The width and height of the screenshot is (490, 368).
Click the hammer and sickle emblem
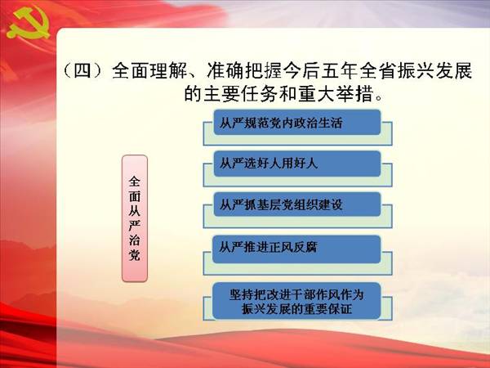pyautogui.click(x=29, y=24)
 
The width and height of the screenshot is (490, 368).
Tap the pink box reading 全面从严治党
pyautogui.click(x=135, y=218)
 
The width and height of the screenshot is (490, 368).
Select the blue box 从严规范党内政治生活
pyautogui.click(x=297, y=123)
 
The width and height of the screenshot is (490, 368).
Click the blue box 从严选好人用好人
pyautogui.click(x=297, y=164)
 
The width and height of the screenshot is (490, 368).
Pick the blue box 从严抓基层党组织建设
pyautogui.click(x=297, y=204)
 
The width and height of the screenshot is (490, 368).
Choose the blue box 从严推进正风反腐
pyautogui.click(x=296, y=249)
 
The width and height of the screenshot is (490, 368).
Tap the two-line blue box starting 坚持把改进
pyautogui.click(x=296, y=301)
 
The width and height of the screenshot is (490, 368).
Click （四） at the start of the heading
pyautogui.click(x=82, y=70)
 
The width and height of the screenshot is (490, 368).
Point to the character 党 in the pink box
pyautogui.click(x=135, y=255)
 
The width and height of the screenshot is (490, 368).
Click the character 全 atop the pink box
pyautogui.click(x=135, y=182)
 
